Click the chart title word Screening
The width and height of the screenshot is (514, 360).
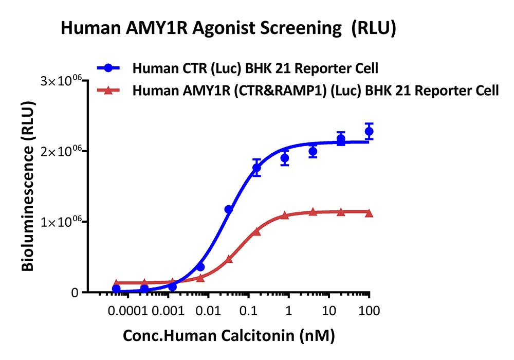click(x=301, y=28)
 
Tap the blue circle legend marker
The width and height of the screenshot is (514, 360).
click(x=108, y=68)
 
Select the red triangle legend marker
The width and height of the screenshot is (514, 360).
click(x=108, y=90)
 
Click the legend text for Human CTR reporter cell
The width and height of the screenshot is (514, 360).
click(x=255, y=68)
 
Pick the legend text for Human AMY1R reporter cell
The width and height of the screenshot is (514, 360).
click(x=316, y=91)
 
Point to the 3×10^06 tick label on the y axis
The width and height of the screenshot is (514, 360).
click(x=61, y=81)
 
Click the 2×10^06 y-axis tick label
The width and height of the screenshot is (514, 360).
click(x=61, y=152)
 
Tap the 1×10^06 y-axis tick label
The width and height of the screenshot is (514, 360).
click(x=61, y=222)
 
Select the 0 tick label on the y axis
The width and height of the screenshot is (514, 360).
click(x=75, y=293)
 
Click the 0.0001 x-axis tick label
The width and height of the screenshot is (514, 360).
click(x=128, y=311)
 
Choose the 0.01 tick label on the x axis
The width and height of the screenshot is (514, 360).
click(x=209, y=311)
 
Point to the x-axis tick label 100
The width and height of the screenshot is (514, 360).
click(x=369, y=311)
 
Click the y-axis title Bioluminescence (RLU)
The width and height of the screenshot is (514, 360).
click(x=28, y=186)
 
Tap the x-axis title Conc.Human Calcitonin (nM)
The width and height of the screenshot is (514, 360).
click(x=229, y=336)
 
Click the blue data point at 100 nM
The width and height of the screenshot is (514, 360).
click(x=369, y=132)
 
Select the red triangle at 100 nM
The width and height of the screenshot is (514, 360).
click(x=369, y=213)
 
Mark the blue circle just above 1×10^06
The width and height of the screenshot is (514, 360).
click(x=229, y=209)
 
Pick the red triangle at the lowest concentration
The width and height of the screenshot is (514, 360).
click(x=116, y=283)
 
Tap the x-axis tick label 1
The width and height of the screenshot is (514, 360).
click(x=288, y=311)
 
